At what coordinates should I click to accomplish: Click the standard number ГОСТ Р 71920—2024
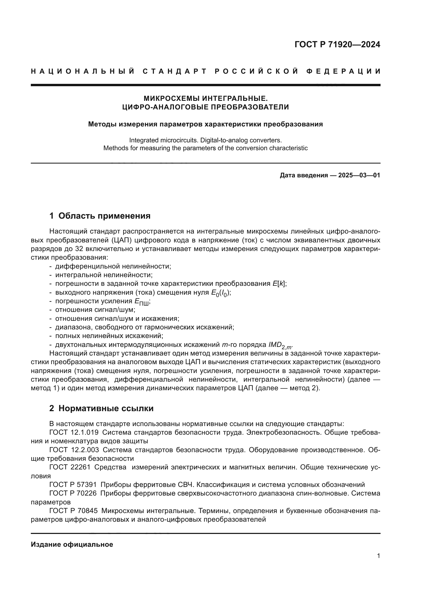337,44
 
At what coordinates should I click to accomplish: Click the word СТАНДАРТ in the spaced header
175,71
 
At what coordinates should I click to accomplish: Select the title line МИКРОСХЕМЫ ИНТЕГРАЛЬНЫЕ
205,98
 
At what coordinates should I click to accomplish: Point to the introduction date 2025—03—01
359,175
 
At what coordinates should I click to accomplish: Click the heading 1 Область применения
100,216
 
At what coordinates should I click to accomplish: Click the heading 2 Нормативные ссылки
101,408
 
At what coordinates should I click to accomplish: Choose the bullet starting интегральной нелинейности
104,275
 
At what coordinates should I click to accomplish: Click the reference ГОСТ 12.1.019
74,432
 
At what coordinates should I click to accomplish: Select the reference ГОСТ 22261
70,467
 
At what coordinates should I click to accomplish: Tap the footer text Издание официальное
72,544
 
